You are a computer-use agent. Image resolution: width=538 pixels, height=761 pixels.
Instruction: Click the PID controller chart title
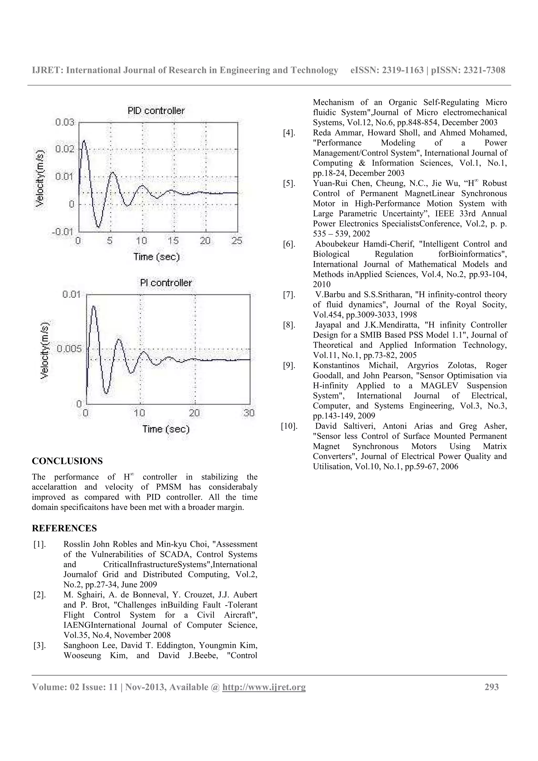(x=156, y=111)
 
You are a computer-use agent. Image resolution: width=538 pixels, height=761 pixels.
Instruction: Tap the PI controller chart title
(x=166, y=283)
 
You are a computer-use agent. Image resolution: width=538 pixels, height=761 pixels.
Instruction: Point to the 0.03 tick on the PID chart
(x=65, y=122)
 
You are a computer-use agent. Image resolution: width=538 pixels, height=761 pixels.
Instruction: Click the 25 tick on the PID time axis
(x=237, y=241)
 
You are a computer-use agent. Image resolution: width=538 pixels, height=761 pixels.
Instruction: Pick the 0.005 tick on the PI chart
(x=69, y=349)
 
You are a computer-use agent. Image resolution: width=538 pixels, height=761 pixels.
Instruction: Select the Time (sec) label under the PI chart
(x=166, y=429)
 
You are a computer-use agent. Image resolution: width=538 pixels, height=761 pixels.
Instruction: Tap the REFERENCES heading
(x=64, y=528)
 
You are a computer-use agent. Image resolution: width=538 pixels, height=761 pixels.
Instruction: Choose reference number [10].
(x=289, y=426)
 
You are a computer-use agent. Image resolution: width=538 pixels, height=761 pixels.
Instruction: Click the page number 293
(x=491, y=687)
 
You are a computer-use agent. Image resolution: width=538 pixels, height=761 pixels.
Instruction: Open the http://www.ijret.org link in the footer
(x=264, y=687)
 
